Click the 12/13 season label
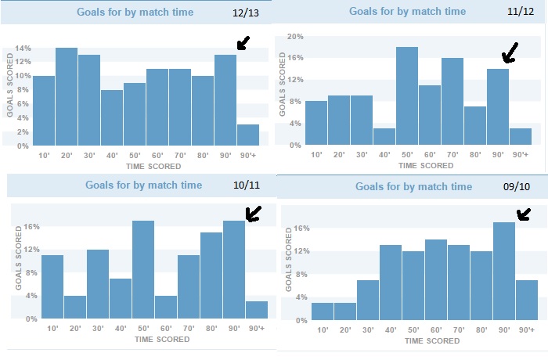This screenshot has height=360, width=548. [x=244, y=13]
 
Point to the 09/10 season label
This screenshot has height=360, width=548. [x=517, y=188]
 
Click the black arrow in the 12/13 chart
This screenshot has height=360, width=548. [x=243, y=42]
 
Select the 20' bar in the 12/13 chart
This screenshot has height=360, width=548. [x=67, y=97]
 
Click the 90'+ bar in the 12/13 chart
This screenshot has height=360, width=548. [x=247, y=135]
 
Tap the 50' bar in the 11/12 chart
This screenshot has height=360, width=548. [x=407, y=96]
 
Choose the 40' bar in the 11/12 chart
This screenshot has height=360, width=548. [x=384, y=137]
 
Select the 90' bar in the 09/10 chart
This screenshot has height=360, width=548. [x=504, y=272]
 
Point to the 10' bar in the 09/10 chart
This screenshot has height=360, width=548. [x=323, y=311]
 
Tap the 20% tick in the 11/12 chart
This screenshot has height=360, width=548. [x=294, y=36]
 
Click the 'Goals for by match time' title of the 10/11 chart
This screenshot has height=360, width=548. [x=145, y=185]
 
